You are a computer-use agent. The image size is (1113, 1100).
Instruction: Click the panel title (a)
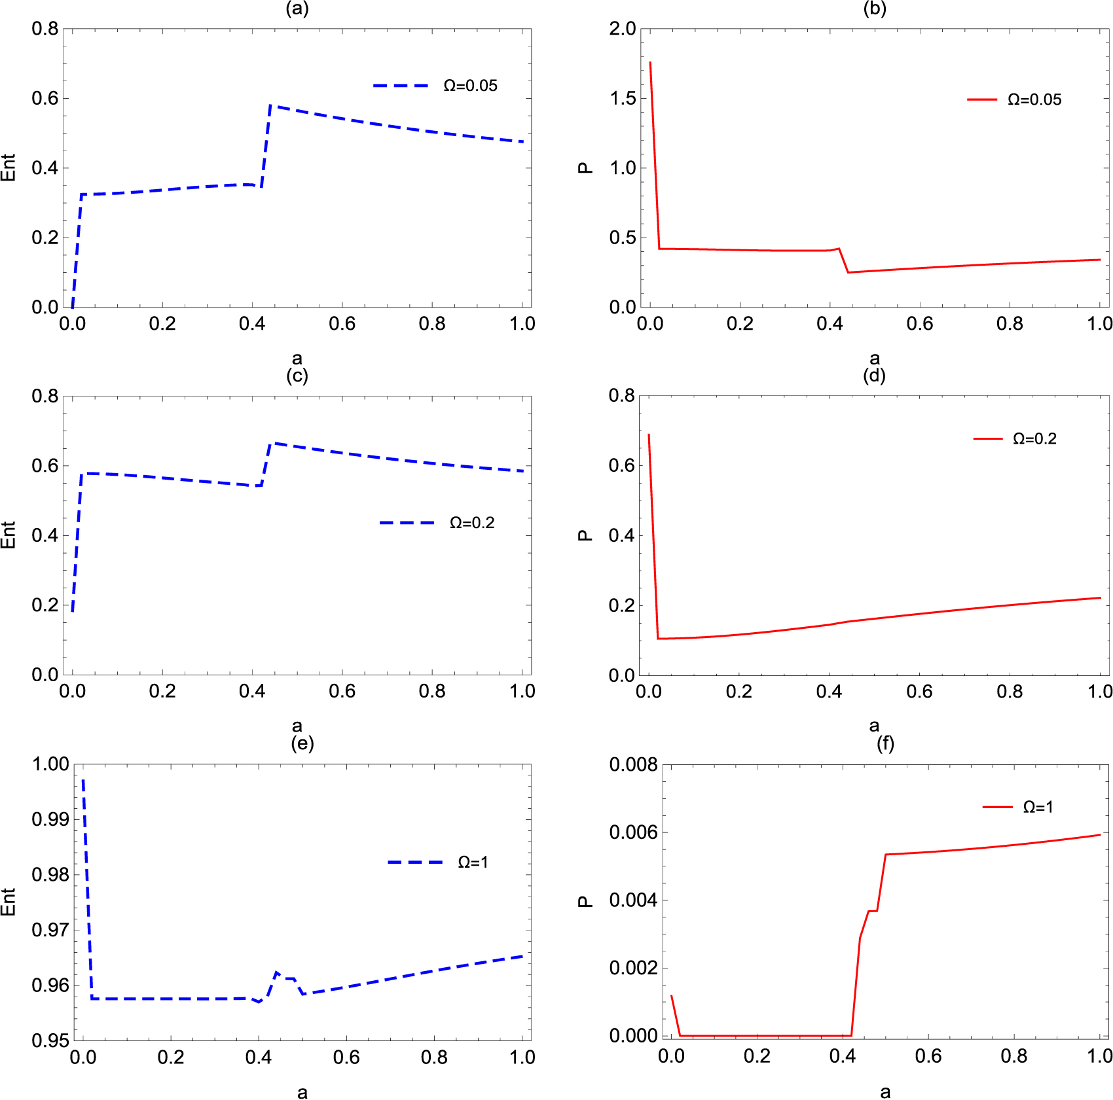tap(297, 9)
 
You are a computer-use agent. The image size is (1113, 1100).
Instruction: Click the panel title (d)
tap(874, 376)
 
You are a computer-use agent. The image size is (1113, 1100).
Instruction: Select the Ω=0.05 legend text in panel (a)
tap(470, 86)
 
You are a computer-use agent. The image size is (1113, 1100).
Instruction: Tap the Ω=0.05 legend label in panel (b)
tap(1034, 99)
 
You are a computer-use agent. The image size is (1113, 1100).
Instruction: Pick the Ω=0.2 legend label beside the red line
tap(1034, 438)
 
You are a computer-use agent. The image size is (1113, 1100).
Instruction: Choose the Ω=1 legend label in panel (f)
tap(1038, 807)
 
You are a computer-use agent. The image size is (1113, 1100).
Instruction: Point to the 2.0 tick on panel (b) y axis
tap(623, 29)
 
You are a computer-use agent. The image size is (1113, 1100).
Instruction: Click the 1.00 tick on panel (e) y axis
tap(50, 764)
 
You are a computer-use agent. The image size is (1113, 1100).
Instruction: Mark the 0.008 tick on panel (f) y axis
tap(632, 764)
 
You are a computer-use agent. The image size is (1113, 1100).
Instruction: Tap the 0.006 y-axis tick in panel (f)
tap(632, 832)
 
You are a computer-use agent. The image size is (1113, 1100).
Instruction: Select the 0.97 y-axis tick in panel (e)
tap(50, 930)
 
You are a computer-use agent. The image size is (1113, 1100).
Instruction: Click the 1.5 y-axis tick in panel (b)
tap(623, 98)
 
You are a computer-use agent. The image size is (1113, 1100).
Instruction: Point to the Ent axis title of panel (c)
tap(8, 535)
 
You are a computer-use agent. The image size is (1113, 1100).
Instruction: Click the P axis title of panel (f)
tap(585, 902)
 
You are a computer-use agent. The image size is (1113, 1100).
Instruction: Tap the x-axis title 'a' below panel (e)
tap(302, 1091)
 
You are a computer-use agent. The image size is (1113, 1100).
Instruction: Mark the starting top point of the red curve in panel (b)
tap(649, 63)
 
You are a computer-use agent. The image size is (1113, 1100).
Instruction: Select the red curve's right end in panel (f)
tap(1100, 835)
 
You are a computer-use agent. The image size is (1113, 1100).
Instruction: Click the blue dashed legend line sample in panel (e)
tap(415, 862)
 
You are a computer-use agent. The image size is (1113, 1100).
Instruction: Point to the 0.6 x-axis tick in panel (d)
tap(919, 692)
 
